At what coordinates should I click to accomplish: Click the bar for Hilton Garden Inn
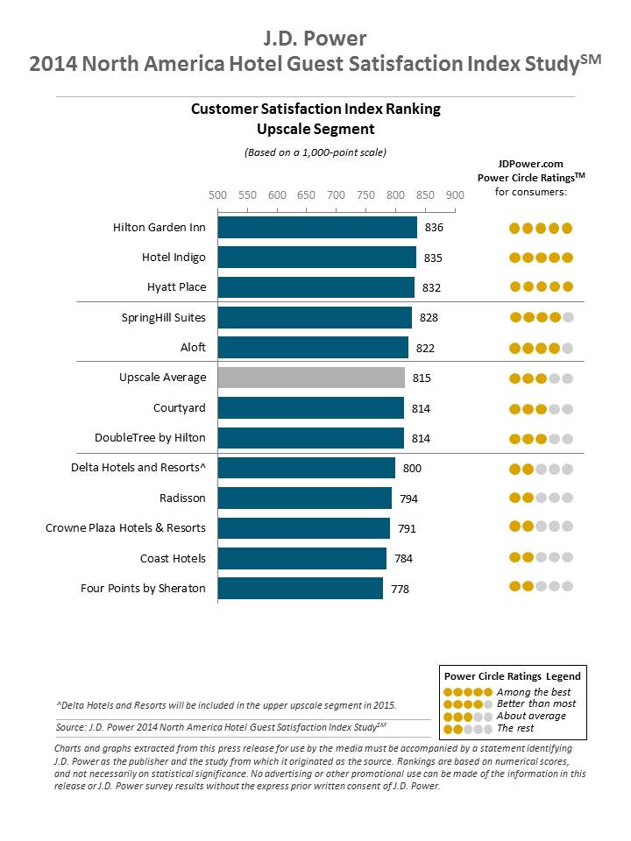tap(317, 228)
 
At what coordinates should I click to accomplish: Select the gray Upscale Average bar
tap(311, 378)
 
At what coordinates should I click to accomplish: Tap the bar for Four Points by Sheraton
tap(300, 588)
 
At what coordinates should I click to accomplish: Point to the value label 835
tap(433, 258)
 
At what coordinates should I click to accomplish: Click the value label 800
tap(412, 468)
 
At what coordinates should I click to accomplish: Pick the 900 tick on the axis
tap(455, 194)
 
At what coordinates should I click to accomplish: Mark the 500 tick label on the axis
tap(217, 194)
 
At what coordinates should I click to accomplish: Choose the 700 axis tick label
tap(336, 194)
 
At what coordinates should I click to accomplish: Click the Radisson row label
tap(182, 498)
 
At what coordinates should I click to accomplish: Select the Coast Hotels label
tap(173, 558)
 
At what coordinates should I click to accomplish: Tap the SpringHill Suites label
tap(164, 317)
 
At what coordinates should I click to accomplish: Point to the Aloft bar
tap(313, 348)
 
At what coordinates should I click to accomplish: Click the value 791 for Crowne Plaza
tap(407, 528)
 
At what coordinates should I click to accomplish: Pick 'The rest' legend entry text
tap(514, 728)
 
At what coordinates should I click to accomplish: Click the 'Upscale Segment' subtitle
tap(315, 129)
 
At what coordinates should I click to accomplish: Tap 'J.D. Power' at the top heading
tap(315, 38)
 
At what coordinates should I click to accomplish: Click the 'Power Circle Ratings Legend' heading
tap(512, 676)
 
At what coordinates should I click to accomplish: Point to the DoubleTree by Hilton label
tap(150, 437)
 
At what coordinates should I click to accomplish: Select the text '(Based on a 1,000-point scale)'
tap(315, 152)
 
